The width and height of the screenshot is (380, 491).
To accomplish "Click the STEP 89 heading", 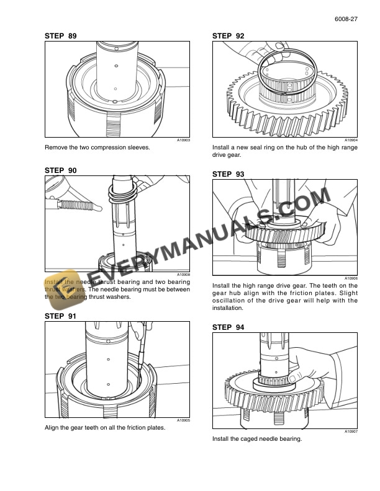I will [61, 37].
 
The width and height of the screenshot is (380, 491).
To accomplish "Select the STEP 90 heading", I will [61, 170].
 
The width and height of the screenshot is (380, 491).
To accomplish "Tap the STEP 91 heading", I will [61, 316].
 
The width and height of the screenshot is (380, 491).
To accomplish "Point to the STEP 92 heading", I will [228, 37].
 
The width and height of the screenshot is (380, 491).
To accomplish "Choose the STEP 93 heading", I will [228, 174].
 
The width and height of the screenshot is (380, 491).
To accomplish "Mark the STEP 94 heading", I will [228, 327].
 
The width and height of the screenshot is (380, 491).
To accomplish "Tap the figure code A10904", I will [351, 141].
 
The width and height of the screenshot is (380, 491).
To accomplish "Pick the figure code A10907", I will [351, 431].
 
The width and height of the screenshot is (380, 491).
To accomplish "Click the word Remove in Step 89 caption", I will [56, 148].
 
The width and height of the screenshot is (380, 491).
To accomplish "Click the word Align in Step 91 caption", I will [52, 428].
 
